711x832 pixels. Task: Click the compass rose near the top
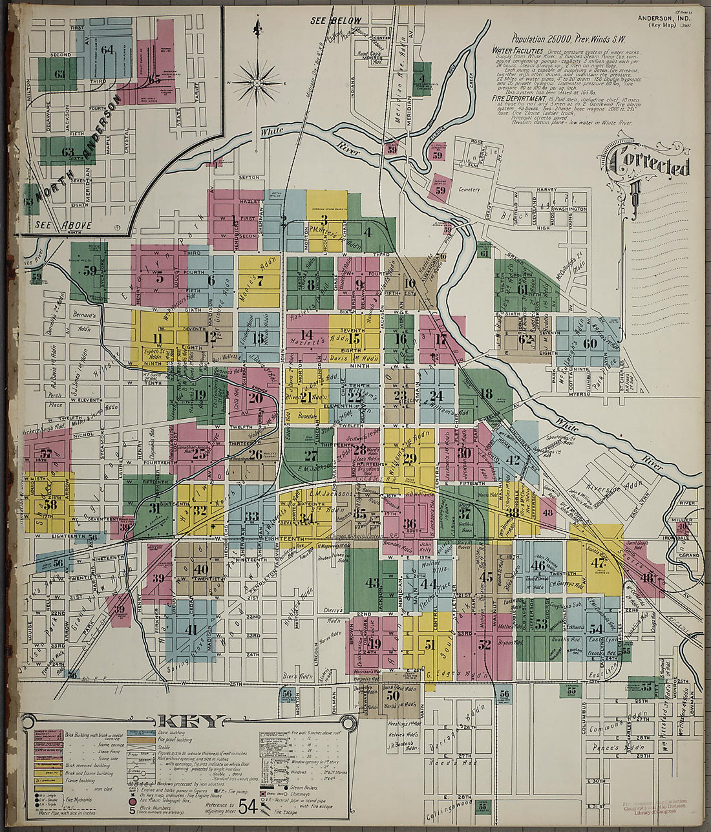pos(257,83)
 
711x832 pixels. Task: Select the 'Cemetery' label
pos(469,189)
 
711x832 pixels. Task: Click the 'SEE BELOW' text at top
pos(336,21)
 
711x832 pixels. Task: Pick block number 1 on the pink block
pos(233,219)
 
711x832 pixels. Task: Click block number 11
pos(157,338)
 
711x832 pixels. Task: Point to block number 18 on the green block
pos(485,393)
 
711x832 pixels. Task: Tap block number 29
pos(409,458)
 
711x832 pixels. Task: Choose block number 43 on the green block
pos(372,582)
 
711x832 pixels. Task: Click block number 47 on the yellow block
pos(597,562)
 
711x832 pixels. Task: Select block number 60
pos(589,343)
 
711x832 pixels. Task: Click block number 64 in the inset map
pos(107,49)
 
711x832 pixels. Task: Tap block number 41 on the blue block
pos(191,628)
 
